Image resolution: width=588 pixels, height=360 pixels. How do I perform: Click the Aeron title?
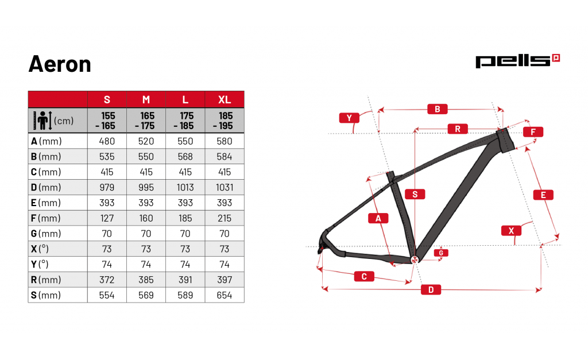(x=60, y=64)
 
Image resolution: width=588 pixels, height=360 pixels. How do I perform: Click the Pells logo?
(x=517, y=61)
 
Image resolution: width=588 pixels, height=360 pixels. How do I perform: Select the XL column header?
(x=225, y=100)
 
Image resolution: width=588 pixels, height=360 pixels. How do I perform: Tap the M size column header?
(x=146, y=100)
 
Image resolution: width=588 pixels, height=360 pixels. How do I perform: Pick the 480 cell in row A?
(x=107, y=141)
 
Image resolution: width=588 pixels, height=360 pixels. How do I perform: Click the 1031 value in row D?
(x=225, y=188)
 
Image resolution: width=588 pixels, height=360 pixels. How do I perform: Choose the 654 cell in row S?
(x=225, y=296)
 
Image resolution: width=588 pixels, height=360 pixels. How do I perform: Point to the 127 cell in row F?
(x=107, y=218)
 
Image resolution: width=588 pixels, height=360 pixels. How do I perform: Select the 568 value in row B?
(x=185, y=157)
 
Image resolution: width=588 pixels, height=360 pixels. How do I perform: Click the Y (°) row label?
(x=40, y=264)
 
